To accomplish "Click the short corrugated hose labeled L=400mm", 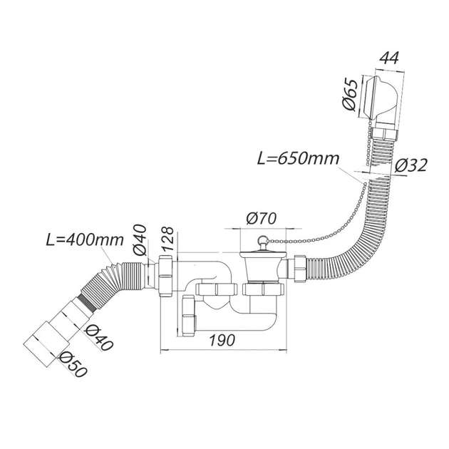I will point(107,278).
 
